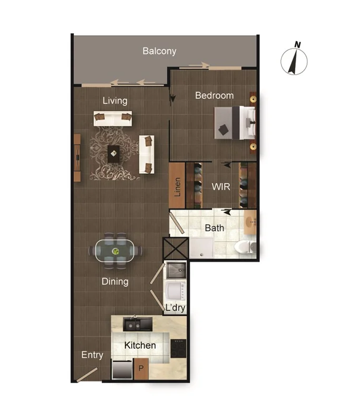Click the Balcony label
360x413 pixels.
(x=159, y=52)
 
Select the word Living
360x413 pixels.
(x=115, y=101)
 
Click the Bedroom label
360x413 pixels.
(x=214, y=95)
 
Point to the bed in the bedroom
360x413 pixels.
(x=235, y=123)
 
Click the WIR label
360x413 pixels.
(x=220, y=187)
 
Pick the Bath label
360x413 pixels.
(x=214, y=229)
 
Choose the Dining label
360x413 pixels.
(x=115, y=281)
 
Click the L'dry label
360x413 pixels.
(x=174, y=308)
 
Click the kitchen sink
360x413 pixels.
(x=137, y=322)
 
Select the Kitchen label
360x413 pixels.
(x=140, y=346)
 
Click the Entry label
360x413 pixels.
(x=92, y=356)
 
